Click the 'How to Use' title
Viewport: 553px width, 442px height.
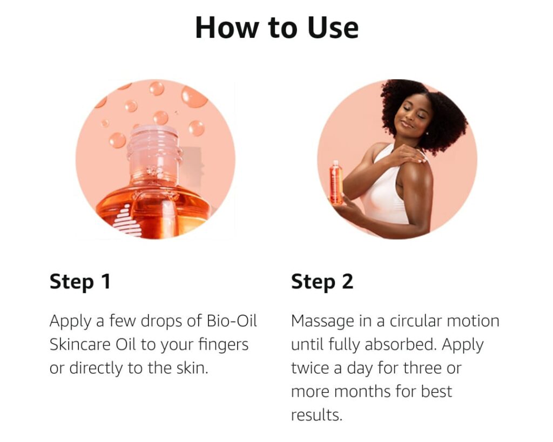click(277, 28)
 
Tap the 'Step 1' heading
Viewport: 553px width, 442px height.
click(80, 282)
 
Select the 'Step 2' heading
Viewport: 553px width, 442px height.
click(322, 282)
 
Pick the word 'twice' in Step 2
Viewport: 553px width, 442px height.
click(311, 368)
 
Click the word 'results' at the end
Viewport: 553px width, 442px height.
click(316, 415)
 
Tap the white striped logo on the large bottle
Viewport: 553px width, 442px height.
click(127, 221)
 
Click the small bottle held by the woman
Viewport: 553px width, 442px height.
click(336, 182)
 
